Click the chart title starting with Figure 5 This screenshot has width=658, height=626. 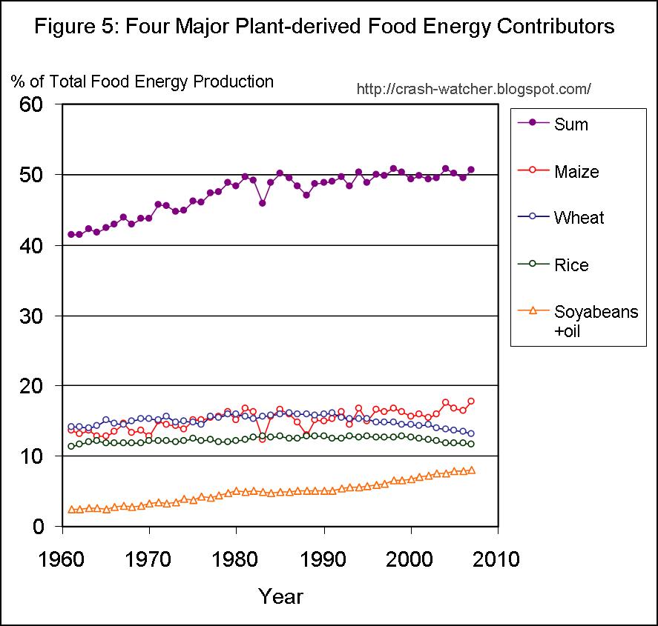pyautogui.click(x=325, y=27)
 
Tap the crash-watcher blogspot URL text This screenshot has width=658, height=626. pyautogui.click(x=473, y=89)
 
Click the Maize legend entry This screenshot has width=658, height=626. pyautogui.click(x=576, y=172)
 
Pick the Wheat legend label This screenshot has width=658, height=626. pyautogui.click(x=579, y=218)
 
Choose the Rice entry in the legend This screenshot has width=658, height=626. pyautogui.click(x=571, y=264)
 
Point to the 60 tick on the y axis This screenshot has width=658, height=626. pyautogui.click(x=38, y=104)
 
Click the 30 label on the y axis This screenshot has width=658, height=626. pyautogui.click(x=38, y=316)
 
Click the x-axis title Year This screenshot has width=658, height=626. pyautogui.click(x=280, y=596)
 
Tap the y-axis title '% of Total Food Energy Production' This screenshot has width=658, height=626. pyautogui.click(x=142, y=81)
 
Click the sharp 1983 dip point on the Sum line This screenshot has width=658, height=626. pyautogui.click(x=262, y=203)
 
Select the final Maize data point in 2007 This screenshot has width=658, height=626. pyautogui.click(x=471, y=402)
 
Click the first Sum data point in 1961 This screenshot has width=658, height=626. pyautogui.click(x=71, y=234)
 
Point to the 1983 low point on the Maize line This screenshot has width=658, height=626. pyautogui.click(x=262, y=439)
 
